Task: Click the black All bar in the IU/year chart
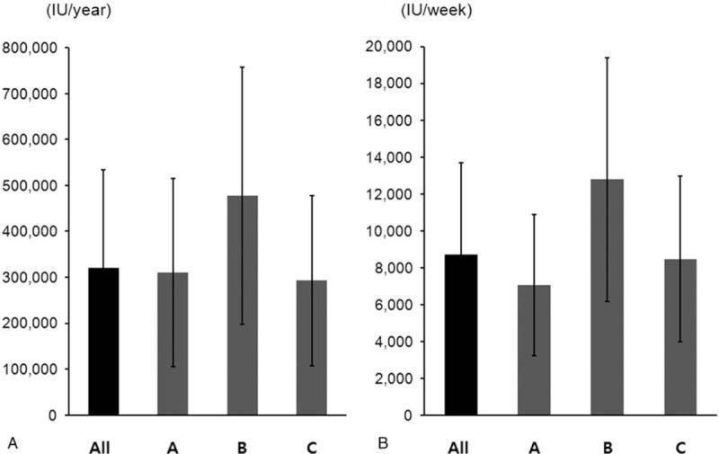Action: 103,342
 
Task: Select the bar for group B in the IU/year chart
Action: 242,306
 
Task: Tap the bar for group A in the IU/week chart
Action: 534,351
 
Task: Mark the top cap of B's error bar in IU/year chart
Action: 242,67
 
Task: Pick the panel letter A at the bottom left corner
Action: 12,441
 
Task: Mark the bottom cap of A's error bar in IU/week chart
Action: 534,355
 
